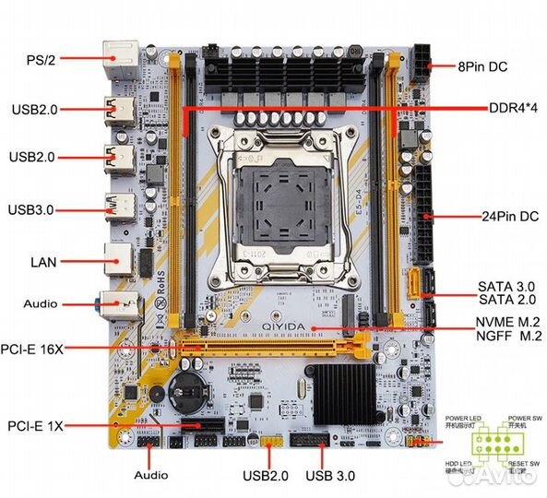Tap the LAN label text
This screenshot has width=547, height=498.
pos(42,262)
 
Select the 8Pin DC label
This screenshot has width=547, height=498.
pos(482,66)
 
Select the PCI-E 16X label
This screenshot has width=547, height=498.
pos(45,349)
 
